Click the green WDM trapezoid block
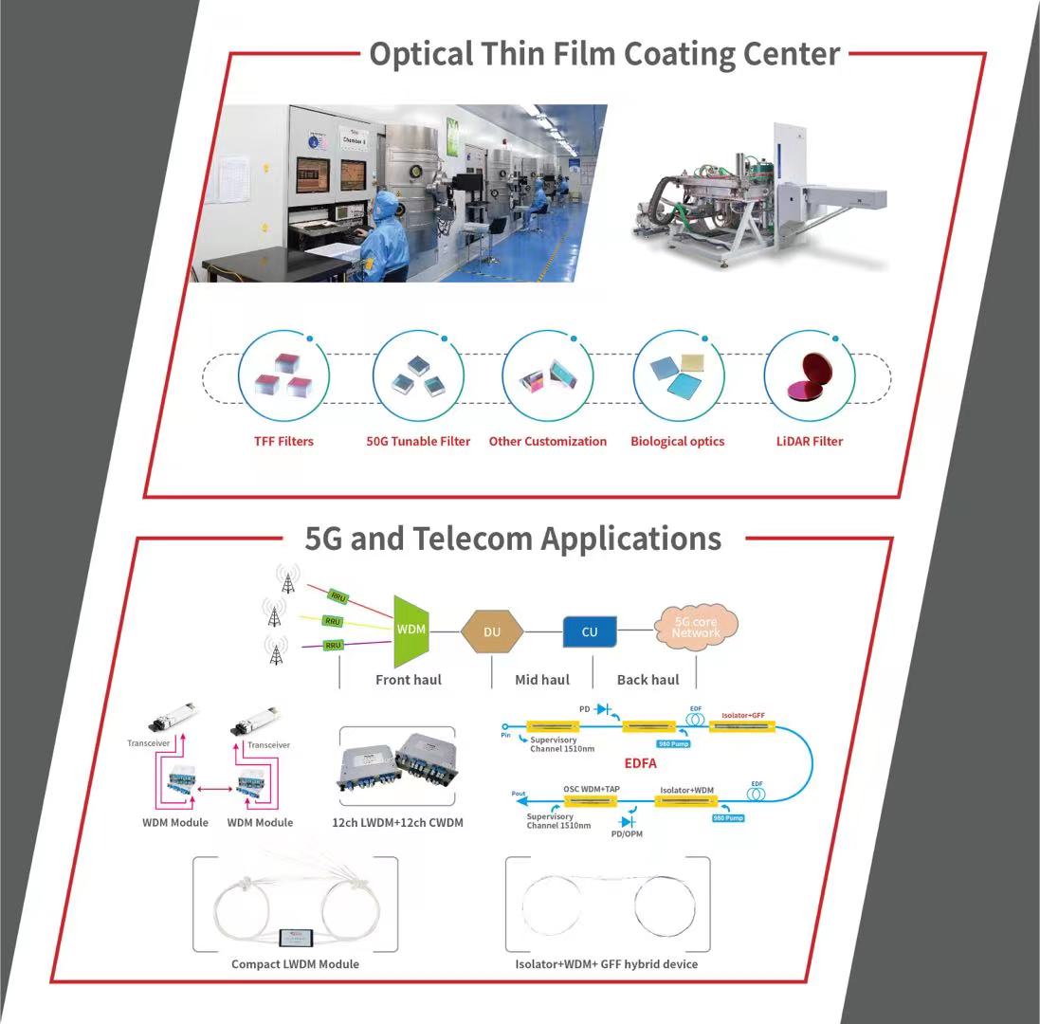(411, 630)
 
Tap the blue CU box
(590, 631)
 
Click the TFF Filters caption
(283, 441)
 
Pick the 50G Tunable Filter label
(418, 441)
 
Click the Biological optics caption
(677, 441)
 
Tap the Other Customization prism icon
(547, 379)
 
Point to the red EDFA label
(640, 761)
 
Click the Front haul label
(409, 680)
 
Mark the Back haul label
(648, 680)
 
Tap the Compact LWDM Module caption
(295, 964)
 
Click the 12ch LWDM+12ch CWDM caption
(397, 822)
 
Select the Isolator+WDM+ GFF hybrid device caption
(607, 964)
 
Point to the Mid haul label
(542, 680)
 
